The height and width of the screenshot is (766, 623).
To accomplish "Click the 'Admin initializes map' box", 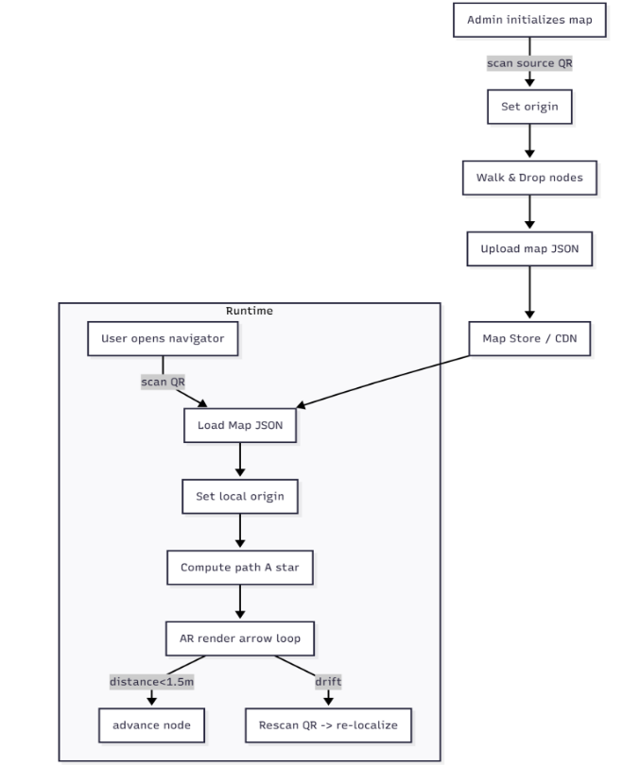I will coord(529,19).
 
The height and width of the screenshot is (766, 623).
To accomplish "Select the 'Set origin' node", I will coord(529,107).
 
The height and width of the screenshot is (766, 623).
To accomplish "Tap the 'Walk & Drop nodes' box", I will coord(529,177).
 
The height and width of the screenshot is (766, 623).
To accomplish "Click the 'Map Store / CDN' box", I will coord(529,338).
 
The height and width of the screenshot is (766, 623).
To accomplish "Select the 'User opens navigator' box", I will coord(163,338).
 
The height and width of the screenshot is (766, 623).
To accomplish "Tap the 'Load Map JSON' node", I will coord(240,424).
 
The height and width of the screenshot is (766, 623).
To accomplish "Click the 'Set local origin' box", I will coord(240,495).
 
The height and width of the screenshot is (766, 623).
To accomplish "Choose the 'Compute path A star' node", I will coord(240,568).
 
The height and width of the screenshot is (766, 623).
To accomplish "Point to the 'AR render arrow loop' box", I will coord(240,638).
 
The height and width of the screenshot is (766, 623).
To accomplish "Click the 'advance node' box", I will coord(151,726).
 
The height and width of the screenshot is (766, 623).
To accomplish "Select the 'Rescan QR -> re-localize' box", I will coord(328,726).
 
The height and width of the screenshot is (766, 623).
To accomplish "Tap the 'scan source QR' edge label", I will coord(529,63).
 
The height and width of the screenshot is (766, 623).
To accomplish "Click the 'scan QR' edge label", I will coord(163,382).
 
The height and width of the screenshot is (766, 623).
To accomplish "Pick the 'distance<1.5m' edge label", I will coord(151,682).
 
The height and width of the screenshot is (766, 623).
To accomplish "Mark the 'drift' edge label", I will coord(328,682).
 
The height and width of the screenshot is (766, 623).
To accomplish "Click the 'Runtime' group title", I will coord(250,311).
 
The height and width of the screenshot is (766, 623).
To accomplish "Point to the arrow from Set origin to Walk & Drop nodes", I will coord(529,142).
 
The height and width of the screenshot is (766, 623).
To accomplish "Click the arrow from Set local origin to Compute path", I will coord(240,531).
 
